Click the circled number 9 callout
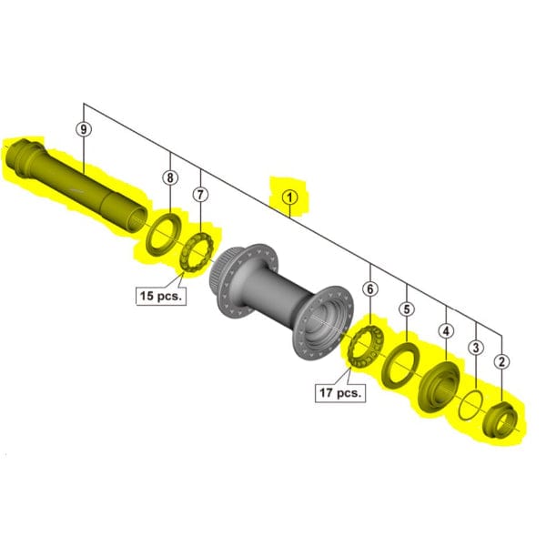point(84,130)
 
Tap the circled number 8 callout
point(169,178)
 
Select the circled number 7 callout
point(201,194)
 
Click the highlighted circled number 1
point(289,195)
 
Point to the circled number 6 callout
point(369,289)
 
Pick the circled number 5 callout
point(406,309)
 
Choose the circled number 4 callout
point(446,331)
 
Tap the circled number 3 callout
point(475,347)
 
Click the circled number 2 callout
point(501,361)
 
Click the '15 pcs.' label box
point(161,295)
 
